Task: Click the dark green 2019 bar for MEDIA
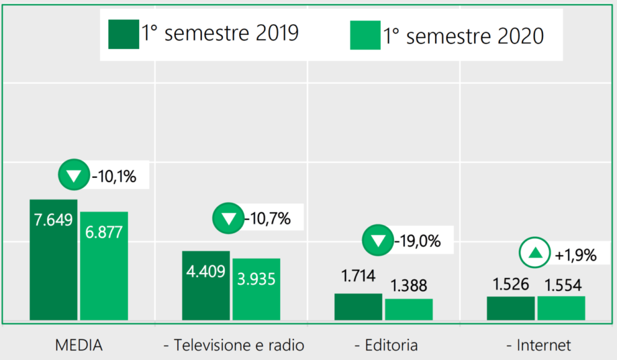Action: (54, 260)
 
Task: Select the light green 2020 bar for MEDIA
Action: (104, 266)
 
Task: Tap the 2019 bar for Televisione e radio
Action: (206, 285)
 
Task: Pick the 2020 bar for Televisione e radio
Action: (257, 289)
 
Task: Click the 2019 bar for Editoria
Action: (358, 307)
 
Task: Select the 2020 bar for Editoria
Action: (409, 309)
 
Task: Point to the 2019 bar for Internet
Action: (510, 308)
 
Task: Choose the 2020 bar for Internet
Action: (561, 308)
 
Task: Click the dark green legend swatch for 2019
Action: (124, 34)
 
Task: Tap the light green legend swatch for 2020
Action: (365, 35)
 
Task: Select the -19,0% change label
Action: (417, 242)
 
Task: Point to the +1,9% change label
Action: (575, 255)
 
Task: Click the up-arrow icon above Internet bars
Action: (535, 253)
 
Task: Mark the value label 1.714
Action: (358, 277)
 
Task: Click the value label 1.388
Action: (409, 285)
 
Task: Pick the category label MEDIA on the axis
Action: (79, 346)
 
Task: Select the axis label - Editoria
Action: (386, 346)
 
